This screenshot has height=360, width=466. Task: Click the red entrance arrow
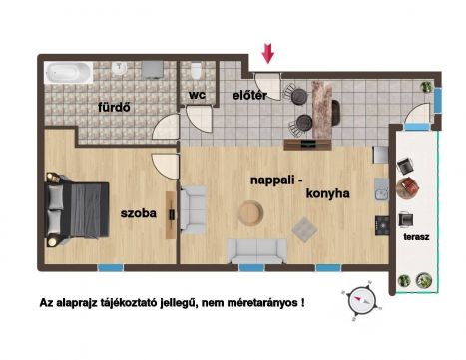point(267,53)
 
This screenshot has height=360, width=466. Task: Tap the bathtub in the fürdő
point(69,73)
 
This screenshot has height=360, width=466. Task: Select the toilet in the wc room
point(196,70)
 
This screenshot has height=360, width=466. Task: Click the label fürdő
point(114,107)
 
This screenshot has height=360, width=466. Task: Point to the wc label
point(197,95)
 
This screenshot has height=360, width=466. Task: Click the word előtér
point(249,96)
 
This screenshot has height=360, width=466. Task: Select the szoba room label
point(139,213)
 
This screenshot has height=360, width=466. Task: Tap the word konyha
point(327,193)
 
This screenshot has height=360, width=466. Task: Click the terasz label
point(416,237)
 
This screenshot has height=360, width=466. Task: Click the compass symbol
point(361,301)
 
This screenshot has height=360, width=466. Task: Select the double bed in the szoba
point(77,209)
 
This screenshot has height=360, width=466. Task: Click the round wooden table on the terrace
point(408,187)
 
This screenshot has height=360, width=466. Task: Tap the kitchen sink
point(381,189)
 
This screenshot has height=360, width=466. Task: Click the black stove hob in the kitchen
point(382,225)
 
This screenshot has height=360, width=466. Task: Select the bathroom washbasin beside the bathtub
point(119,68)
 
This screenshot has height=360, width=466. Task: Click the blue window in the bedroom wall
point(111,267)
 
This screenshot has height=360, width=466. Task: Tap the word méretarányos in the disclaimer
point(262,303)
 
